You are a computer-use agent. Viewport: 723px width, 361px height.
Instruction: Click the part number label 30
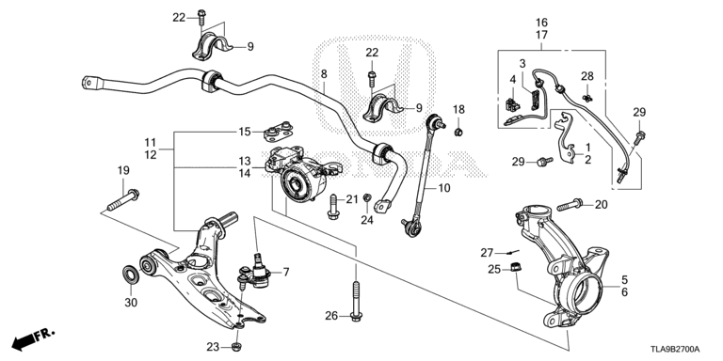pyautogui.click(x=131, y=303)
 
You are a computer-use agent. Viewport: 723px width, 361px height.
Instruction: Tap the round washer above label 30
pyautogui.click(x=130, y=275)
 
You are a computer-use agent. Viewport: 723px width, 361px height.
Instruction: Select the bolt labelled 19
pyautogui.click(x=123, y=200)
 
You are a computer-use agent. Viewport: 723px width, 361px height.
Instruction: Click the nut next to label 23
pyautogui.click(x=236, y=346)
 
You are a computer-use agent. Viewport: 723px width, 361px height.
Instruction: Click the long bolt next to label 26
pyautogui.click(x=356, y=300)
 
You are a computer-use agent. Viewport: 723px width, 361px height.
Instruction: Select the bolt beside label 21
pyautogui.click(x=333, y=207)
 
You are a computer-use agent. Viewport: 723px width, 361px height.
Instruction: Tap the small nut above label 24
pyautogui.click(x=367, y=198)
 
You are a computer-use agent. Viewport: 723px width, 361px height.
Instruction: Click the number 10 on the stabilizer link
pyautogui.click(x=444, y=188)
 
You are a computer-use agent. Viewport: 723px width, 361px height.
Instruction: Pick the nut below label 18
pyautogui.click(x=458, y=133)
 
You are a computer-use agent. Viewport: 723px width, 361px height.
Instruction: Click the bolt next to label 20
pyautogui.click(x=570, y=204)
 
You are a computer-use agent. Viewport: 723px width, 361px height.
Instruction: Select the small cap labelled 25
pyautogui.click(x=516, y=267)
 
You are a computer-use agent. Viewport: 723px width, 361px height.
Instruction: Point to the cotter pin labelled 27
pyautogui.click(x=512, y=252)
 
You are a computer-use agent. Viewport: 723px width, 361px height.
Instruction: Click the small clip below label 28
pyautogui.click(x=587, y=97)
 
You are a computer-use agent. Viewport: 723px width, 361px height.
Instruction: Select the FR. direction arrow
pyautogui.click(x=33, y=338)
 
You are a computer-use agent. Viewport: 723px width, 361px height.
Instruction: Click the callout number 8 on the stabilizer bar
pyautogui.click(x=324, y=73)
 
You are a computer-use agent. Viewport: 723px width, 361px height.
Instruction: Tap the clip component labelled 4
pyautogui.click(x=513, y=105)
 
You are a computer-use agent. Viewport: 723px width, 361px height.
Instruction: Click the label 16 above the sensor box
pyautogui.click(x=541, y=23)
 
